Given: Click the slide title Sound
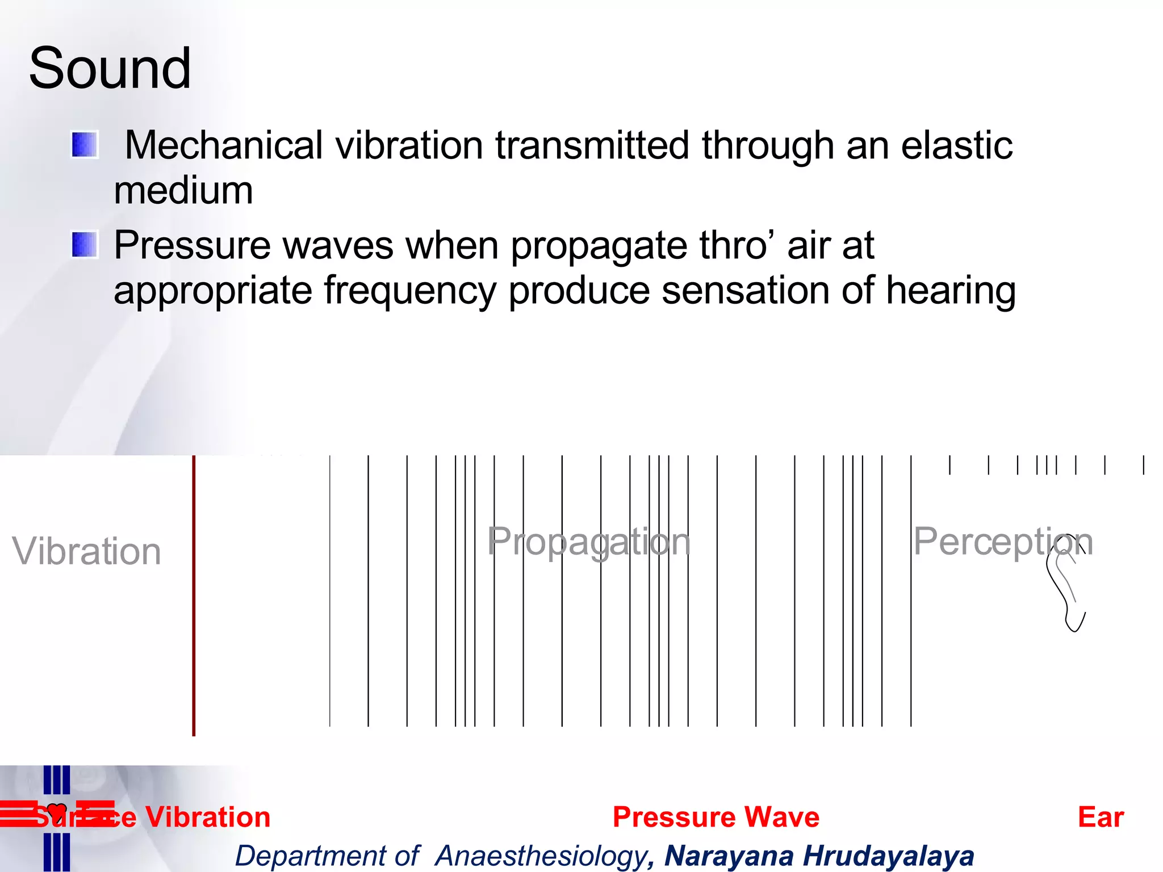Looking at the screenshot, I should (110, 68).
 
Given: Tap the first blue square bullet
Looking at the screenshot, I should (85, 145).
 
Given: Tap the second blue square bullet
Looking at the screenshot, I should (85, 245).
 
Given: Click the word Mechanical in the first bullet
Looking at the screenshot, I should (224, 145).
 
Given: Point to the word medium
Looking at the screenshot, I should (183, 191).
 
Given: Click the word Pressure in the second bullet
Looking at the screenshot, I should (192, 245).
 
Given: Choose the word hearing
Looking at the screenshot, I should (951, 291).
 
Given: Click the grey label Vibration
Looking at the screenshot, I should (87, 551).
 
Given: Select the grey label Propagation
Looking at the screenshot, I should (588, 542).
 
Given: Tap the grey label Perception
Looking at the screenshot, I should (1002, 542).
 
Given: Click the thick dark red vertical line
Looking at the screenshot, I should (194, 596).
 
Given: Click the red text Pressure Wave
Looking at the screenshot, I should (716, 817).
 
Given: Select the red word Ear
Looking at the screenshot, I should (1100, 817).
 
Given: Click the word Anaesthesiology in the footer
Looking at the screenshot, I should (541, 856).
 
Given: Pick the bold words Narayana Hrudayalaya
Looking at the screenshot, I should (819, 856).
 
